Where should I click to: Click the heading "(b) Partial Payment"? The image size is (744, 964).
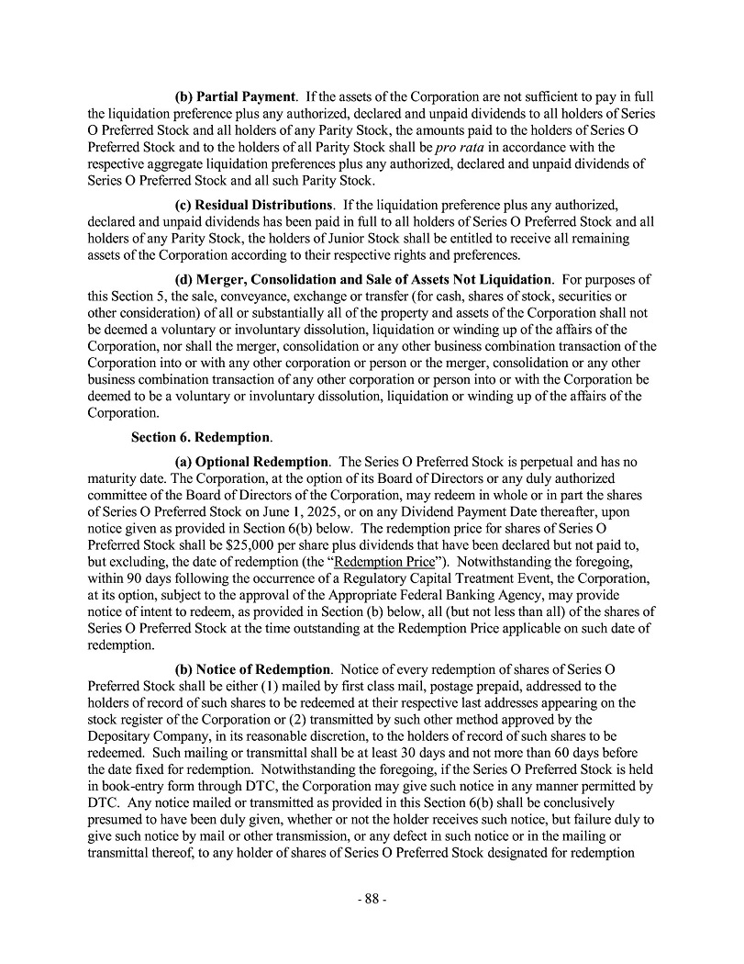coord(235,96)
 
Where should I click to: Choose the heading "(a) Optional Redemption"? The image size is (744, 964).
coord(250,462)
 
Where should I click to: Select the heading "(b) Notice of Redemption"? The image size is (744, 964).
coord(251,668)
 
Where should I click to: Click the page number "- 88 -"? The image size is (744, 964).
coord(372,899)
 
